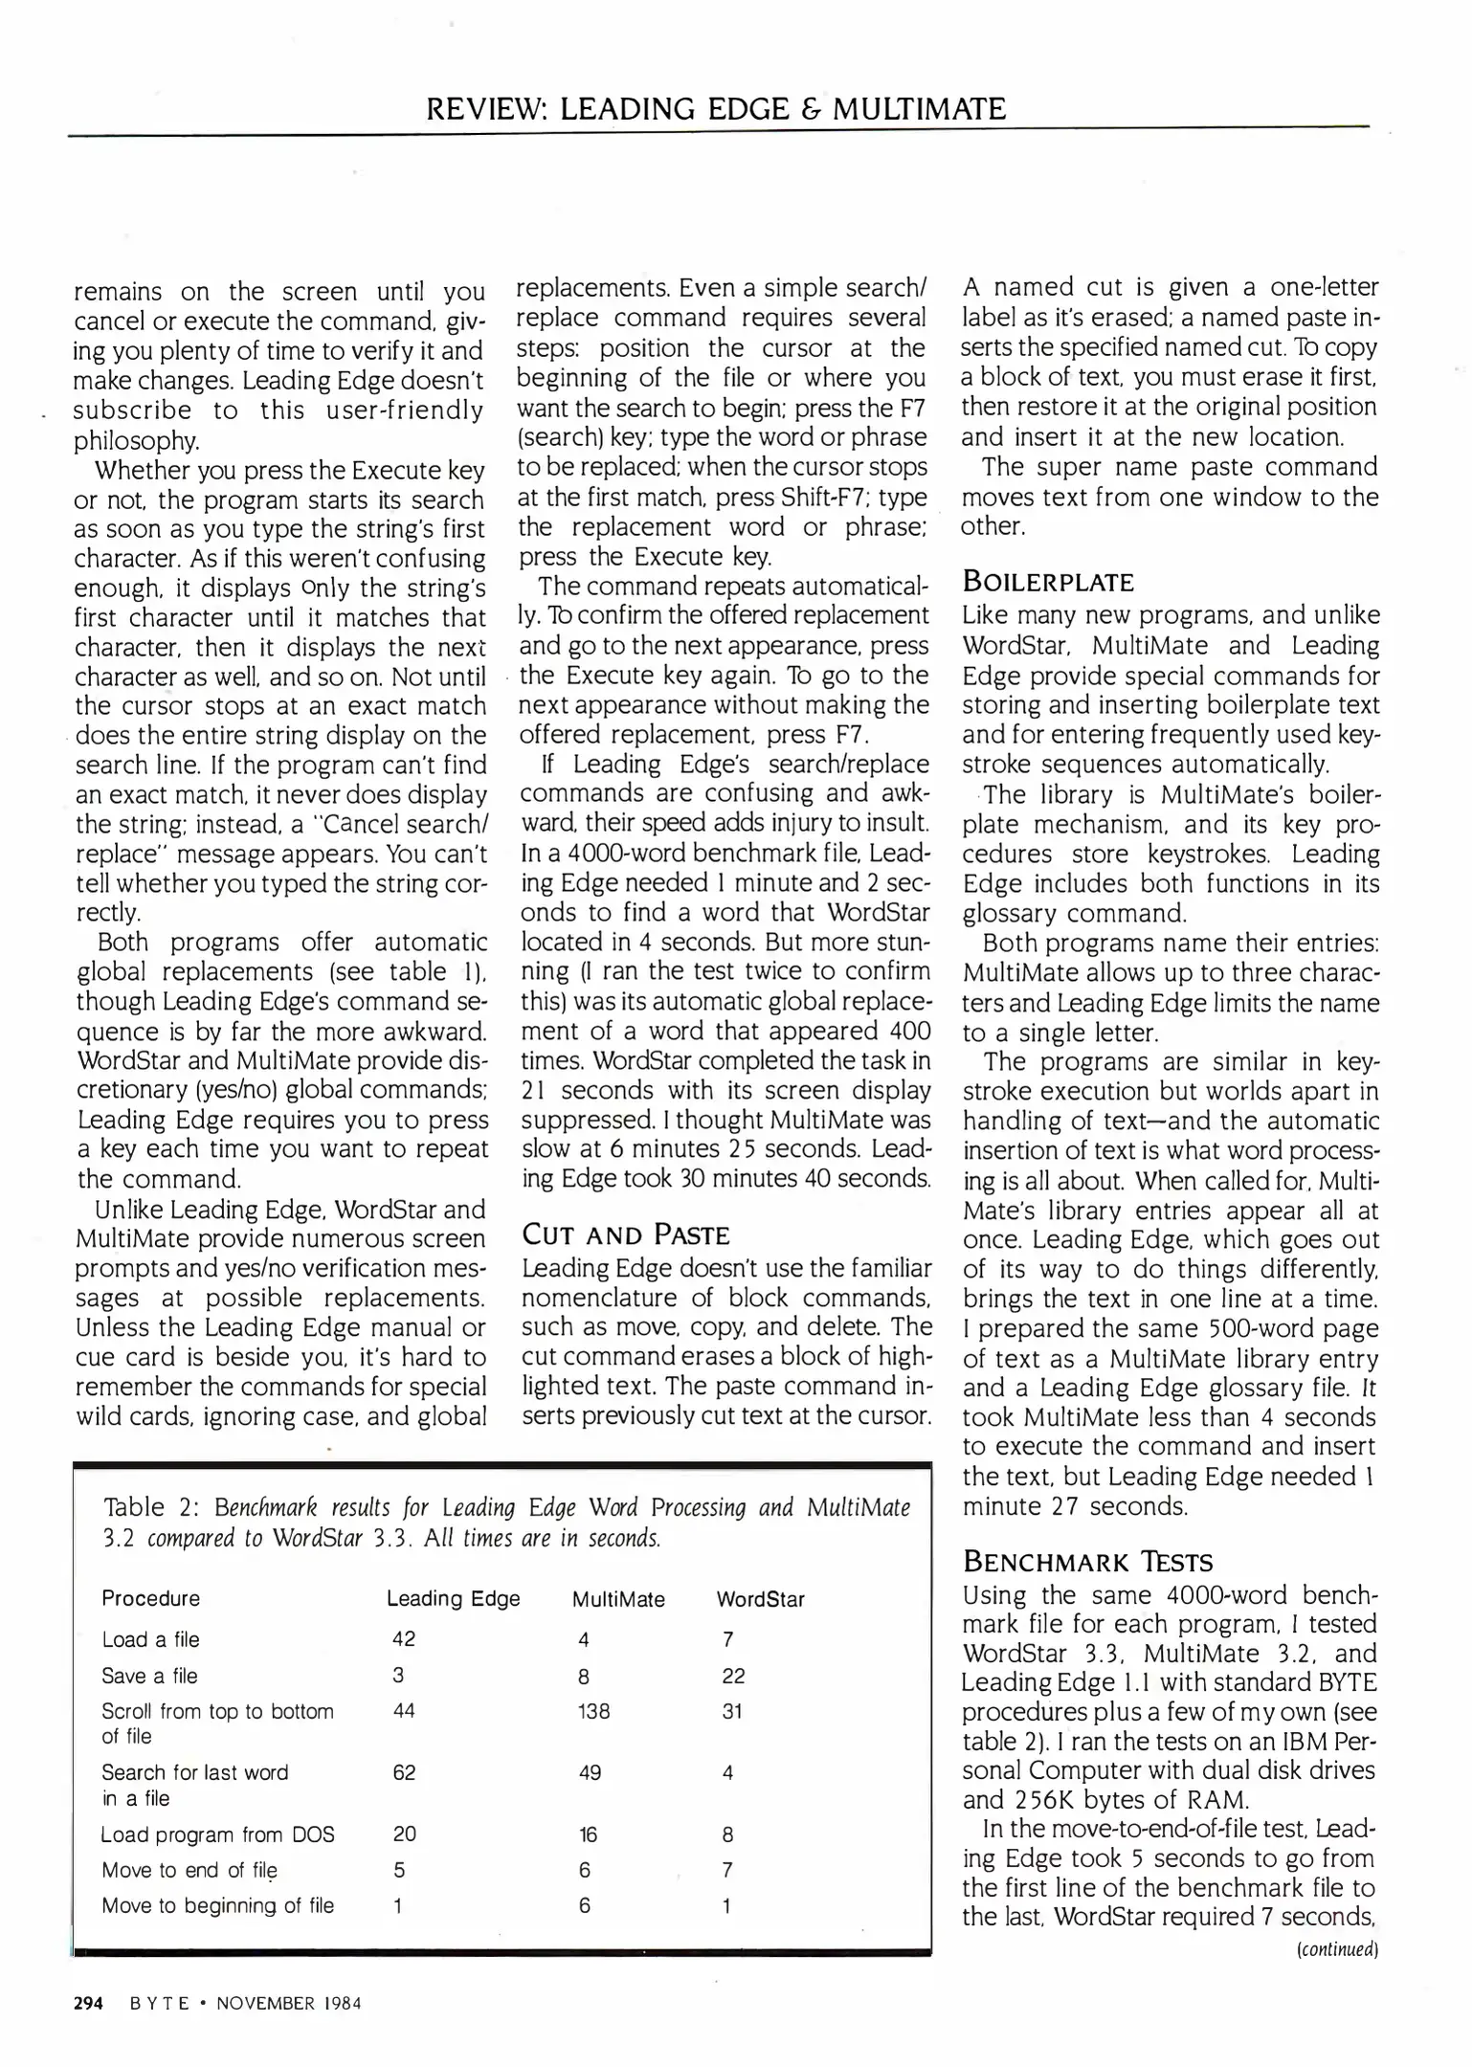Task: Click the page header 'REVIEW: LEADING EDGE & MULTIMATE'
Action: point(716,108)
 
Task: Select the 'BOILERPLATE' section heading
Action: point(1047,582)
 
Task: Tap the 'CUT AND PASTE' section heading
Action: point(625,1234)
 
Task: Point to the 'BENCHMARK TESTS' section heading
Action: point(1087,1562)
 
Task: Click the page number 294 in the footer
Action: point(88,2003)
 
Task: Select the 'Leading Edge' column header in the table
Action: point(453,1598)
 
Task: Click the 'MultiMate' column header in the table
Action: point(618,1599)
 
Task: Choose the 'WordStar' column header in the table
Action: point(760,1599)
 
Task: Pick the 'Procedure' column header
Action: point(151,1598)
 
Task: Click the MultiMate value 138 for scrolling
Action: point(593,1710)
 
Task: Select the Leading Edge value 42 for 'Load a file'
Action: point(404,1638)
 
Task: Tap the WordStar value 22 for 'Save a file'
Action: point(733,1676)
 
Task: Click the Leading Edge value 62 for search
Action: point(404,1772)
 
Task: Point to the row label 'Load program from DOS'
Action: point(218,1834)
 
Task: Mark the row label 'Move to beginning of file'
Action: point(218,1905)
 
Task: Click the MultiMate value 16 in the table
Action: point(588,1834)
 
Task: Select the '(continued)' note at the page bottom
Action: point(1336,1949)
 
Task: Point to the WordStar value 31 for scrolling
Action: point(732,1710)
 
